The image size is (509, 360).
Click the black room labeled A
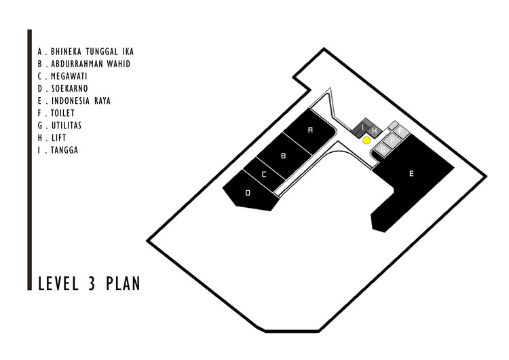[310, 129]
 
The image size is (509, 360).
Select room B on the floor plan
[284, 156]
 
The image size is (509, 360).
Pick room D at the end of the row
[248, 193]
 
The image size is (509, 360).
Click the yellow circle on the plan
[366, 141]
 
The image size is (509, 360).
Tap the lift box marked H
[373, 130]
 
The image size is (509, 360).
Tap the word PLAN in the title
[124, 283]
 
